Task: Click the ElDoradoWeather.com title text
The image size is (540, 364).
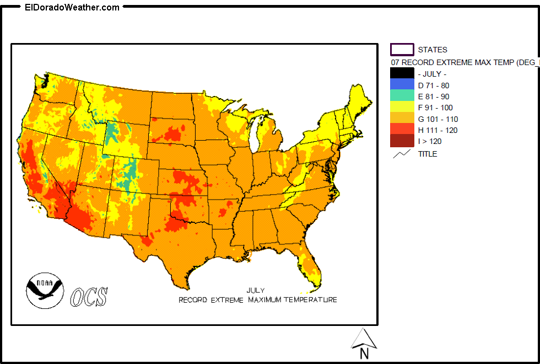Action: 72,7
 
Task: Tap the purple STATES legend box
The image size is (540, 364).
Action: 402,50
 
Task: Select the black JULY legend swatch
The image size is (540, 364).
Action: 402,73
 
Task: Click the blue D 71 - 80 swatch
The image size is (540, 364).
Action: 402,85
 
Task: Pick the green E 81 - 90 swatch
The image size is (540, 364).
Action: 402,96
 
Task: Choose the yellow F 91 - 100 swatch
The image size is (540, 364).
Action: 402,107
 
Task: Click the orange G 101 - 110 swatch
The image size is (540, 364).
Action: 402,119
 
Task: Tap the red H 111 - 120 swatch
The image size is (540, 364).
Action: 402,130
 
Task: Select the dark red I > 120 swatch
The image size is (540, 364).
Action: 402,141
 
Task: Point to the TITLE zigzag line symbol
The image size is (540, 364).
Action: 401,154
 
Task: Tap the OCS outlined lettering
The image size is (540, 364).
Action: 89,297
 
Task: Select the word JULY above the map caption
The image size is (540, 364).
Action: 255,290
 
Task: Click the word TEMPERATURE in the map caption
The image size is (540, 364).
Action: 310,300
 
